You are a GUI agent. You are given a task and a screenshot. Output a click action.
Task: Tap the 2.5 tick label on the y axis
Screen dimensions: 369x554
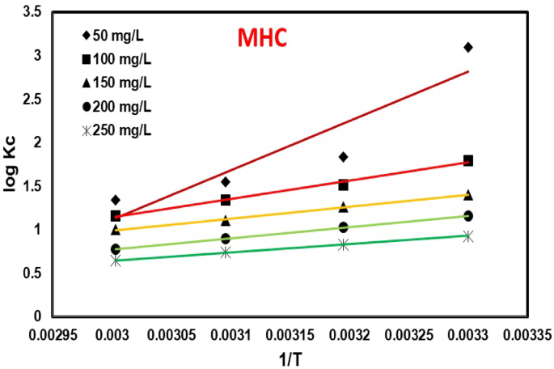[x=32, y=99]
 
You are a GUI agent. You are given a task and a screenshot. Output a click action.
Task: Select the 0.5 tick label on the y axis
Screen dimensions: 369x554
[x=32, y=273]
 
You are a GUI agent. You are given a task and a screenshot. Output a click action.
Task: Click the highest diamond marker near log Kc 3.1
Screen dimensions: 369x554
[x=468, y=47]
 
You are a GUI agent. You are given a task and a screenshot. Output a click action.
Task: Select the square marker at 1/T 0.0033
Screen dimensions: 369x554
[x=468, y=160]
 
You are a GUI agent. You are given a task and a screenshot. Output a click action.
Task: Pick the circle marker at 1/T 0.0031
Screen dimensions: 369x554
[x=226, y=239]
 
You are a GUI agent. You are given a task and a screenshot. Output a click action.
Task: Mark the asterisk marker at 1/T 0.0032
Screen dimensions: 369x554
[x=344, y=244]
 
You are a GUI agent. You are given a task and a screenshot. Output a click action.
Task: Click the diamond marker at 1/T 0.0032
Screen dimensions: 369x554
[x=344, y=156]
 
